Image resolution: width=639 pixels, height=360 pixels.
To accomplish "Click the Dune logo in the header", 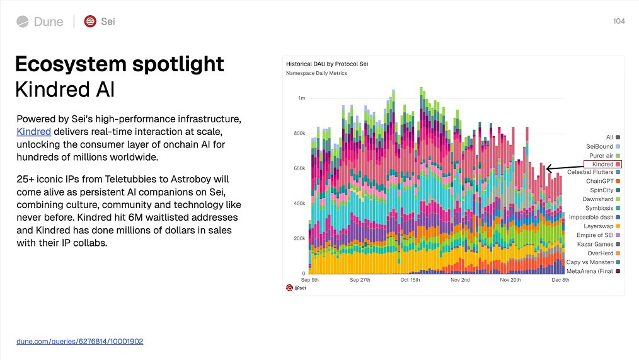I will (40, 21).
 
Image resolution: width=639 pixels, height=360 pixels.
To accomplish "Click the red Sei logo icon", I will (91, 21).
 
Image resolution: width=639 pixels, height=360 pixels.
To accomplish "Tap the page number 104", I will (618, 21).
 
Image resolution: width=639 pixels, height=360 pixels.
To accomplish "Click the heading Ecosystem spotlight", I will (119, 64).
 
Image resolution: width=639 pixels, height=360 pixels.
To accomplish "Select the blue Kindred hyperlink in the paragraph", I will (33, 132).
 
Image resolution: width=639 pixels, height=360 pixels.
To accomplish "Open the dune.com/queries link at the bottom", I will (80, 341).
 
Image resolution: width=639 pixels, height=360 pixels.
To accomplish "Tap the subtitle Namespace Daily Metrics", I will (316, 73).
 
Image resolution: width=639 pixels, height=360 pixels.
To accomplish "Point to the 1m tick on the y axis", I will (302, 98).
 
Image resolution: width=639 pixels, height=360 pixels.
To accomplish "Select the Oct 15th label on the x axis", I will (410, 280).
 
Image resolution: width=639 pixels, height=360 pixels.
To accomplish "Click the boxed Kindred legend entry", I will (603, 164).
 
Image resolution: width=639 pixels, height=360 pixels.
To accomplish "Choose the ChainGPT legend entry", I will (599, 182).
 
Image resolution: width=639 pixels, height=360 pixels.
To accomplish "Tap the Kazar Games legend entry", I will (595, 244).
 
